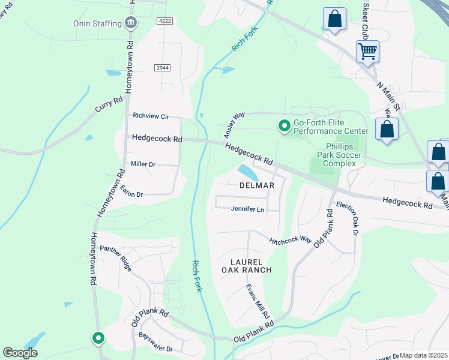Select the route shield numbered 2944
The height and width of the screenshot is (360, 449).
[160, 68]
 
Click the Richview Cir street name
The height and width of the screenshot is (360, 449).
[151, 116]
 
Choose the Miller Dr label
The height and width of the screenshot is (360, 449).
[143, 164]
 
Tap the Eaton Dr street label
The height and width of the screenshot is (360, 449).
[131, 191]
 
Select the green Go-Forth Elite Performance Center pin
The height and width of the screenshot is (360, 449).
[283, 126]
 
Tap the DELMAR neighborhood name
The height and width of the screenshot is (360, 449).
[257, 185]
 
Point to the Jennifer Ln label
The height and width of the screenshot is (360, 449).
[247, 209]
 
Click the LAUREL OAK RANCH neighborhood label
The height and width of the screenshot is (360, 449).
[251, 266]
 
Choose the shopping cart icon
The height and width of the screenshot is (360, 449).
[367, 51]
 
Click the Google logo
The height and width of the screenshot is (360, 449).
[20, 353]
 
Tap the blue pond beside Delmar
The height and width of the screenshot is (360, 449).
[249, 172]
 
